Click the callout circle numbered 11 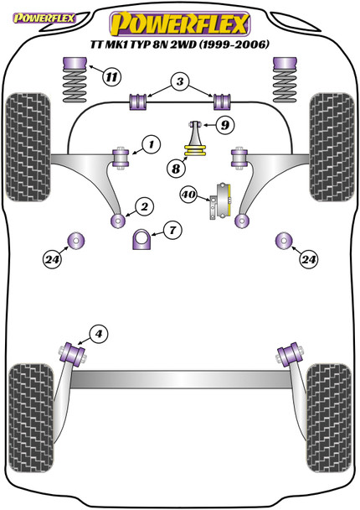(x=111, y=77)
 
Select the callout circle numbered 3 (x=180, y=81)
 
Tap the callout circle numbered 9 (x=225, y=125)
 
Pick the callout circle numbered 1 (x=152, y=144)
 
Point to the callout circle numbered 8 (x=176, y=169)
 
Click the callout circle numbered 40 (x=188, y=195)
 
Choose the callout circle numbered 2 (x=145, y=206)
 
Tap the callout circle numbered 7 (x=172, y=231)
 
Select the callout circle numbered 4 (x=99, y=333)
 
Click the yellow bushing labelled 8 (x=195, y=151)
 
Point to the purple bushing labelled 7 (x=141, y=239)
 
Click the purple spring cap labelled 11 (x=75, y=64)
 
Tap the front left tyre (x=28, y=147)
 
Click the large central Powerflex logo (x=180, y=23)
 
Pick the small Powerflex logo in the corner (x=44, y=18)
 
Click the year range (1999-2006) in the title (x=234, y=44)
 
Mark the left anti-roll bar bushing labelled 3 (x=138, y=101)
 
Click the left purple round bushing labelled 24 (x=75, y=241)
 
